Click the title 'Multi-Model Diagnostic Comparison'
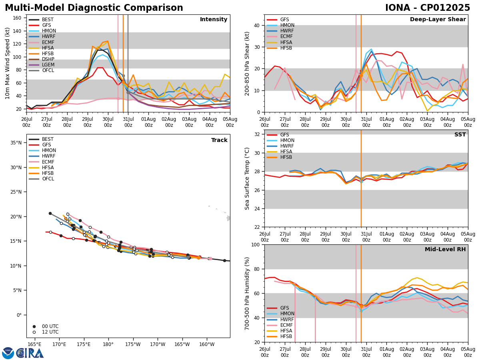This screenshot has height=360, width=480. click(94, 8)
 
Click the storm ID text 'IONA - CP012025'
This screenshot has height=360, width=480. click(427, 8)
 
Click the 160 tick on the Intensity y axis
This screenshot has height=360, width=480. click(19, 18)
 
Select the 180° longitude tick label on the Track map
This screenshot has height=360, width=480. click(108, 345)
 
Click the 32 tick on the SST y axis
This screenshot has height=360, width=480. click(257, 134)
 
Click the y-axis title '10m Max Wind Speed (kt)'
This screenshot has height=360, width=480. click(7, 63)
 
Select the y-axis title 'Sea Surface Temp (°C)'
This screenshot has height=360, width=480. click(247, 178)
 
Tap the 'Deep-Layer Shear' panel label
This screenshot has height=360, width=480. click(438, 20)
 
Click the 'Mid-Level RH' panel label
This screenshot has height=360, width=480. click(445, 250)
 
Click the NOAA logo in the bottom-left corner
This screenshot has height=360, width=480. click(8, 353)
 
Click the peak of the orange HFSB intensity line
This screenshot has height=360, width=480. click(107, 41)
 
